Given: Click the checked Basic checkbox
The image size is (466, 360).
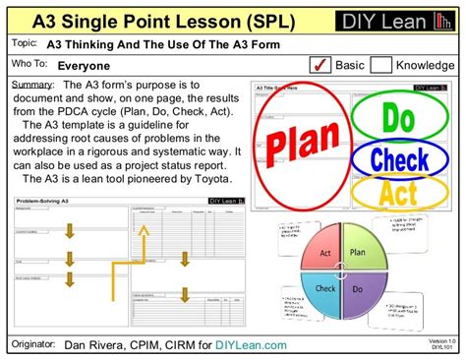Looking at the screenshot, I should coord(320,66).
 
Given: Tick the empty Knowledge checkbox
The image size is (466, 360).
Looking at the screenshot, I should coord(380,66).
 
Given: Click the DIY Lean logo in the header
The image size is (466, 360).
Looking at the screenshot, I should coord(392,21).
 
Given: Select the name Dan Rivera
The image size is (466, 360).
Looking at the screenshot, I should coord(95,344).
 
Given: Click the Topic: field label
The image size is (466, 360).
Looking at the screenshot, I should coord(23,43).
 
